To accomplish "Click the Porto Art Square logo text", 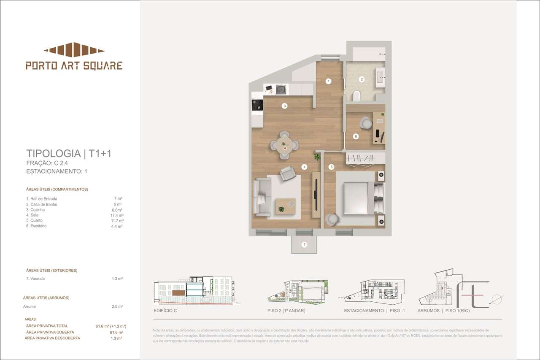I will click(x=74, y=65).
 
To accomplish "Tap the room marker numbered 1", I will click(x=328, y=81).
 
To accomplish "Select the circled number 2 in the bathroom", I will click(x=361, y=79).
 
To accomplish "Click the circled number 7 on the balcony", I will click(x=304, y=244).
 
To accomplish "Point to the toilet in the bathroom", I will click(x=357, y=95).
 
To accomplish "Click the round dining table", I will click(x=285, y=145).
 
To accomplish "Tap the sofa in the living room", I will click(x=262, y=197).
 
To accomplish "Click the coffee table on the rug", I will click(x=286, y=205).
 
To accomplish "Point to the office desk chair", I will click(x=365, y=123).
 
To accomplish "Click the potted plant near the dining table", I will click(x=317, y=157).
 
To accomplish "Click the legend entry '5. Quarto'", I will click(x=34, y=220).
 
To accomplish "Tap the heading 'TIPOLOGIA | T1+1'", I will click(x=69, y=153).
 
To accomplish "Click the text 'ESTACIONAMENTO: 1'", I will click(x=57, y=171).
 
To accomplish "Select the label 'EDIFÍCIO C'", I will click(x=165, y=311).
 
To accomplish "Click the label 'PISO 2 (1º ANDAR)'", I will click(x=286, y=311).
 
